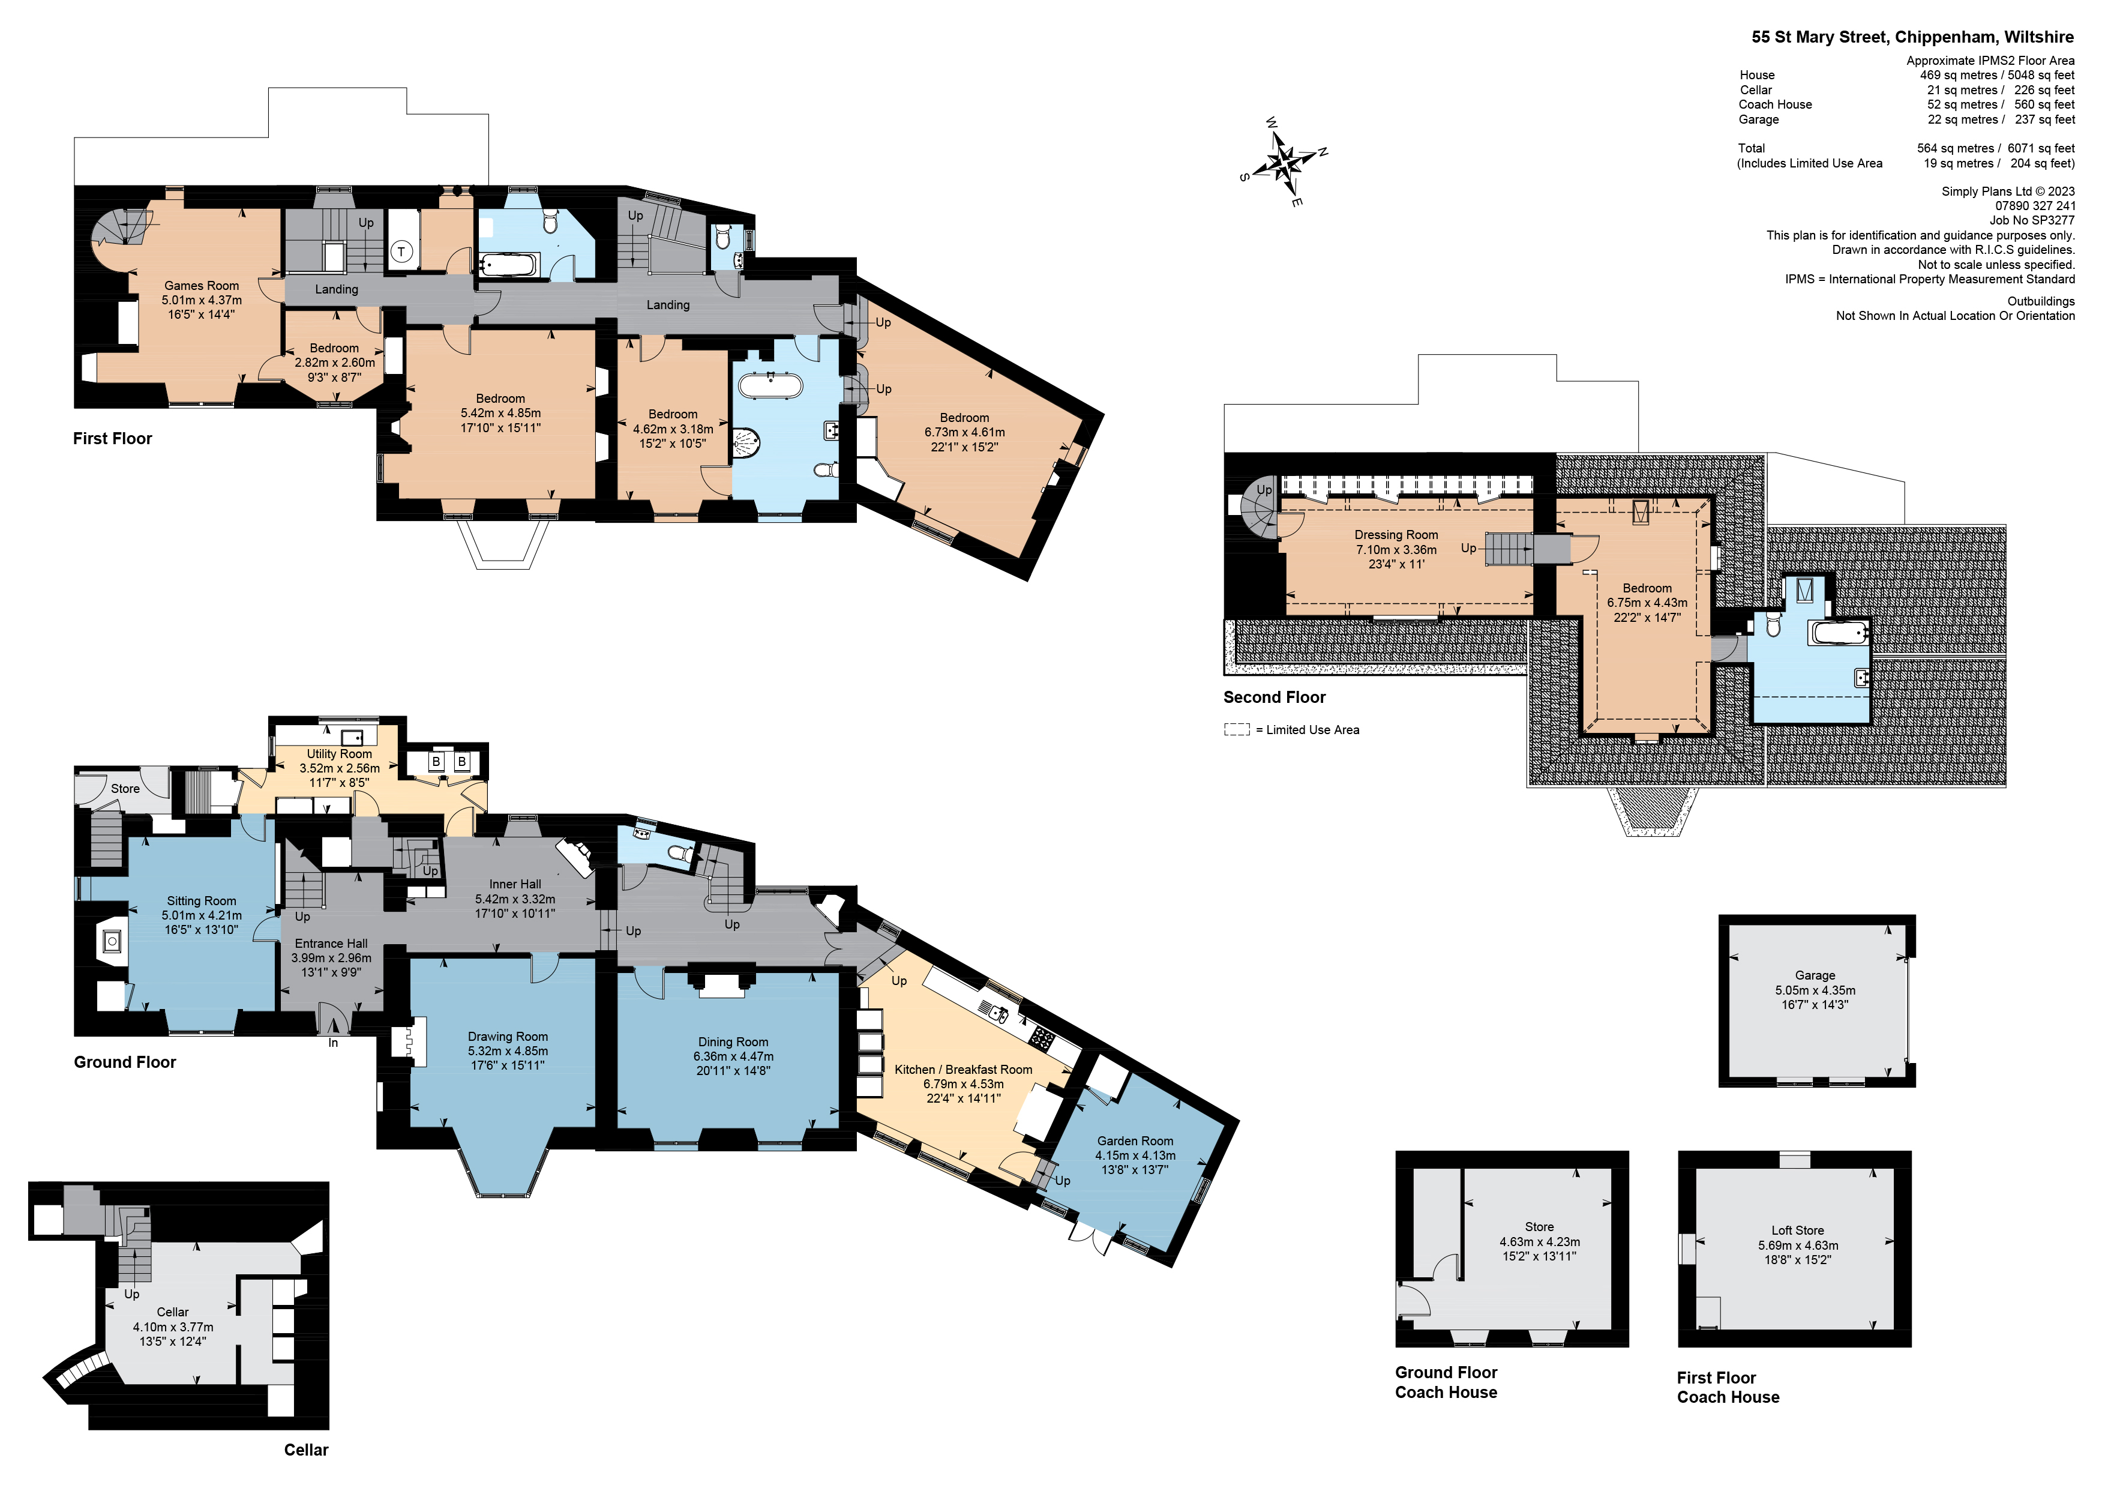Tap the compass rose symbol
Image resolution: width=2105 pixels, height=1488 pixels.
(x=1285, y=163)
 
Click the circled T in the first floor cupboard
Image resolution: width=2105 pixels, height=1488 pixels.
(x=401, y=252)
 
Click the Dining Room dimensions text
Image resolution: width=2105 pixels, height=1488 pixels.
(x=733, y=1057)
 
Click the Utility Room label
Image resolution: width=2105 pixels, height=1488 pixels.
(x=339, y=754)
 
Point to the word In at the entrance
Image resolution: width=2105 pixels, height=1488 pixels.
(x=333, y=1043)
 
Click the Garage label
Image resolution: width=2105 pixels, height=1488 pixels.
(x=1815, y=975)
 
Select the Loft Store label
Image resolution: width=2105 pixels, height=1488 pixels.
(x=1797, y=1230)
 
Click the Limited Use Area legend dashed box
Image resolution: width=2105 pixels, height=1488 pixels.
(x=1236, y=730)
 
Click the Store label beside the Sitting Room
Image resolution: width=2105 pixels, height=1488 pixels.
(x=125, y=789)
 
